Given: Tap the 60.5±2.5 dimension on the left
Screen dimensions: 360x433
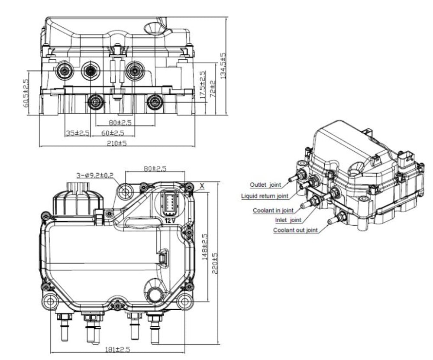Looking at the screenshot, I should [26, 92].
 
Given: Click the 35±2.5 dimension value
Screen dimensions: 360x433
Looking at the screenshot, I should [77, 133].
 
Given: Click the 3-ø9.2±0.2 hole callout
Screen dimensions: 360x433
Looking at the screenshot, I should [95, 175].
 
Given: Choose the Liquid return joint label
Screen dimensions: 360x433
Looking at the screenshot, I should [265, 196].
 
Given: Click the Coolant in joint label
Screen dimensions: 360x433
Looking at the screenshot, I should [273, 211].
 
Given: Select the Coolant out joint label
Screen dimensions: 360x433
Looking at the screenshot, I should [295, 230].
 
